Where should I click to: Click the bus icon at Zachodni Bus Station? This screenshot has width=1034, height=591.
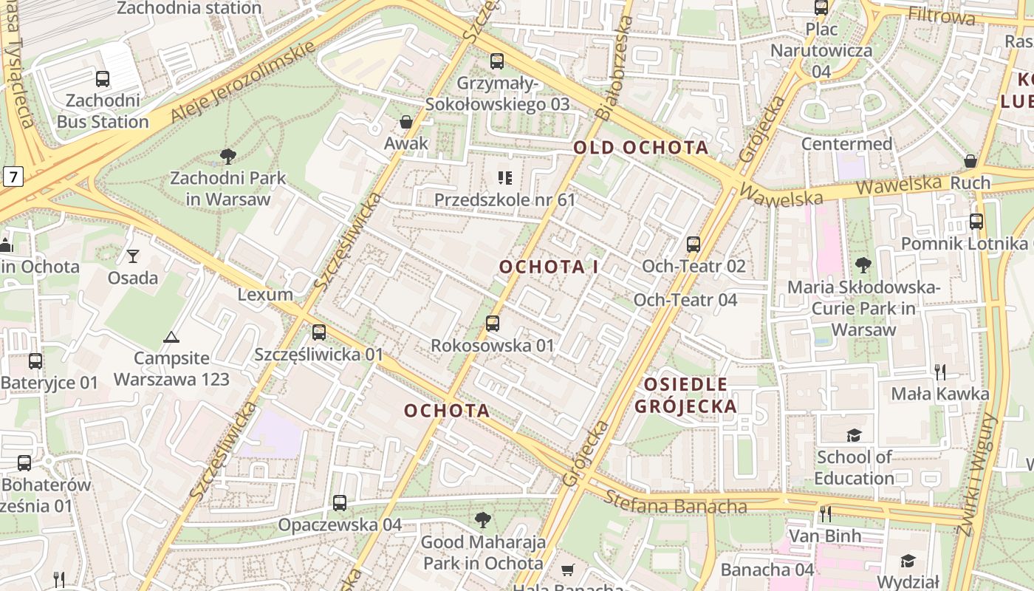(x=103, y=79)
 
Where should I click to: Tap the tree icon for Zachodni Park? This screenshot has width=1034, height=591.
(x=228, y=157)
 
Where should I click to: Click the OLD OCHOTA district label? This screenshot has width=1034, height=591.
(x=641, y=147)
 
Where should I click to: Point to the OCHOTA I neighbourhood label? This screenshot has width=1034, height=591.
(x=549, y=267)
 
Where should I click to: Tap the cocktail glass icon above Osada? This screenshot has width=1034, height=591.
(x=133, y=256)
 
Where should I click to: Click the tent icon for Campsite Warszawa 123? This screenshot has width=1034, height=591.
(x=171, y=337)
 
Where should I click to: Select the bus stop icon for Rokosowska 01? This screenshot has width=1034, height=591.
(x=493, y=323)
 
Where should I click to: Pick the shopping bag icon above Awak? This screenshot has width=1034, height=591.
(x=405, y=122)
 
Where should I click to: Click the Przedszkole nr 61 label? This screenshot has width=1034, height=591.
(x=504, y=199)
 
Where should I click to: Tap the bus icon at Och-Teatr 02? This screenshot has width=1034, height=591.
(x=693, y=244)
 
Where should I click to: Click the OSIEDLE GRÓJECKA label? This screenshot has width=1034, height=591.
(x=685, y=395)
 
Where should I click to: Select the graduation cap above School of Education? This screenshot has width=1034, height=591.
(x=854, y=435)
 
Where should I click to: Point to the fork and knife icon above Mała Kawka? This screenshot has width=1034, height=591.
(x=939, y=372)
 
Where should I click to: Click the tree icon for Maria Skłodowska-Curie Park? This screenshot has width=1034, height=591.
(x=863, y=264)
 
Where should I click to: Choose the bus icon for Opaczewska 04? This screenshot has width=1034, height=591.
(x=340, y=503)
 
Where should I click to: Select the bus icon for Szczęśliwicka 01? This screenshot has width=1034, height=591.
(x=319, y=332)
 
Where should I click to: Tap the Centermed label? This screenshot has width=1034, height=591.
(x=846, y=143)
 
